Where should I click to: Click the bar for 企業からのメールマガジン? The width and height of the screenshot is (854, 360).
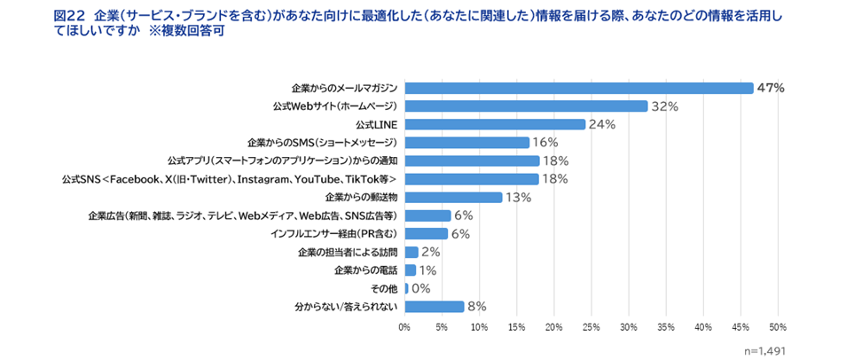tap(578, 88)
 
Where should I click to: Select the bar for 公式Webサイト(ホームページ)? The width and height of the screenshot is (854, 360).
tap(526, 106)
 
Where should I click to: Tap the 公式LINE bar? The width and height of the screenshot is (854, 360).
tap(495, 124)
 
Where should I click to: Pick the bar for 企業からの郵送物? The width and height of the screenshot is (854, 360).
tap(453, 197)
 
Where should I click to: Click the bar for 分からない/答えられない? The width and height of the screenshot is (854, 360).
tap(435, 306)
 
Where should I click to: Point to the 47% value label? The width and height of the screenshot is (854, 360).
tap(771, 88)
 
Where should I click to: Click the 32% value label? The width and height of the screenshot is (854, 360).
tap(664, 106)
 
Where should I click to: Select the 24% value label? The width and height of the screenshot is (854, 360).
tap(602, 124)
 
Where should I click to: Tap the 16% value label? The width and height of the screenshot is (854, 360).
tap(545, 143)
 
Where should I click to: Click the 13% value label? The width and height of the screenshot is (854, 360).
tap(518, 197)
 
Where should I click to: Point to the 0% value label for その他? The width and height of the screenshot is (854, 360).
tap(420, 288)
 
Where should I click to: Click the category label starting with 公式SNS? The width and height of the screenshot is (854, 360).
tap(228, 179)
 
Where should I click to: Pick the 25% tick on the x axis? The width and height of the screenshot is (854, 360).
tap(592, 328)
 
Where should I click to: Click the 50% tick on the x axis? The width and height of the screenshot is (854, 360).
tap(778, 328)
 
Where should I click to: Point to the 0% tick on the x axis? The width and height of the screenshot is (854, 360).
tap(404, 328)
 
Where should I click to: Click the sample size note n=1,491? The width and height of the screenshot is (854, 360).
tap(764, 350)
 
